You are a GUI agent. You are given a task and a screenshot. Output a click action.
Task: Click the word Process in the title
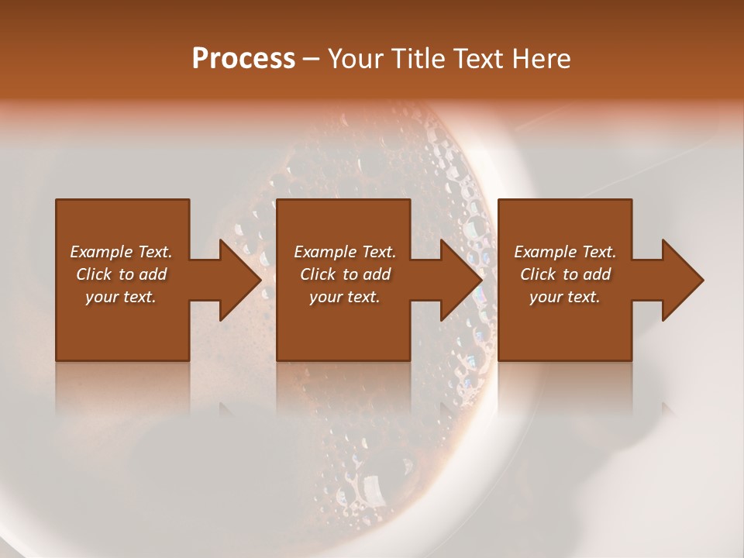[x=243, y=59]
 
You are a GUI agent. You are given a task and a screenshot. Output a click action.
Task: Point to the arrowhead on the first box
[x=236, y=280]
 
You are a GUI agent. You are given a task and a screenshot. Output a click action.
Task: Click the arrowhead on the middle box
[x=458, y=280]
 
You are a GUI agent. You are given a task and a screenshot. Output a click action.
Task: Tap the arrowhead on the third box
[x=680, y=280]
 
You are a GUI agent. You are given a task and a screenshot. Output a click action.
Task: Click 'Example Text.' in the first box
[x=121, y=252]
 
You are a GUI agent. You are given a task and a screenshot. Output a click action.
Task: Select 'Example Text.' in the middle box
[x=344, y=252]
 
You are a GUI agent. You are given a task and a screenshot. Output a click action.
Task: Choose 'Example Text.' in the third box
[x=565, y=252]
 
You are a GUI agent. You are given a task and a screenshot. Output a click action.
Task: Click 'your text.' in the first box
[x=121, y=297]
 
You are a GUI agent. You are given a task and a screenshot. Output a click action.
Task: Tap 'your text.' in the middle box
[x=344, y=297]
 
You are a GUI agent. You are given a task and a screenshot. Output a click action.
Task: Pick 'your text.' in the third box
[x=565, y=297]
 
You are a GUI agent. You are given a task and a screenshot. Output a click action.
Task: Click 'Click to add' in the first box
[x=121, y=274]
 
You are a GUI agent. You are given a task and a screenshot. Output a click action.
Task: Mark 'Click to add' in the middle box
[x=344, y=274]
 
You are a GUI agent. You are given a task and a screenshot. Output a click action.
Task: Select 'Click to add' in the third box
[x=565, y=274]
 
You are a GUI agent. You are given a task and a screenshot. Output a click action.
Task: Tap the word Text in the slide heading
[x=472, y=59]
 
